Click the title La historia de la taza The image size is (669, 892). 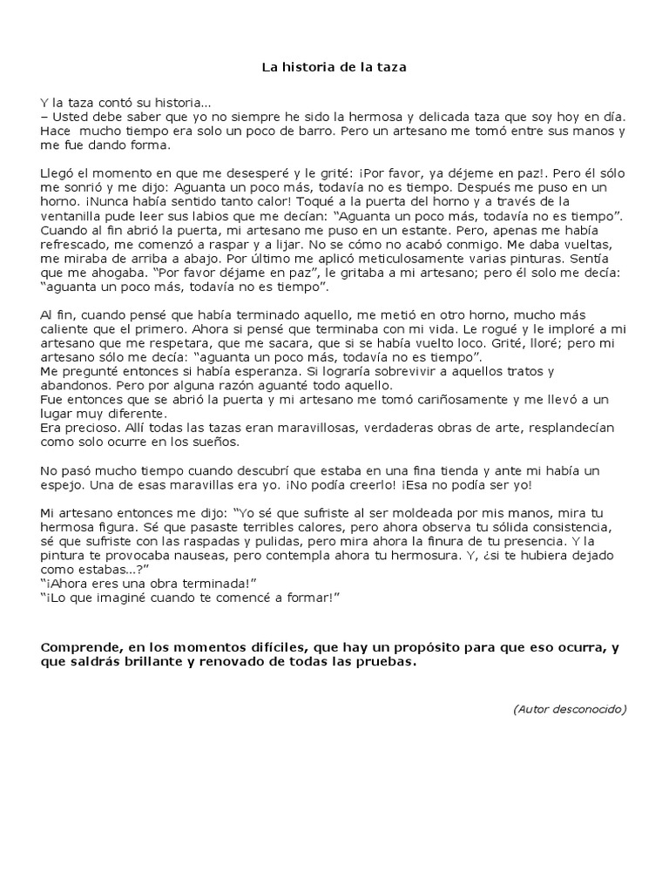click(x=334, y=66)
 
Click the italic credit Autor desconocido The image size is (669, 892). click(x=570, y=709)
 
